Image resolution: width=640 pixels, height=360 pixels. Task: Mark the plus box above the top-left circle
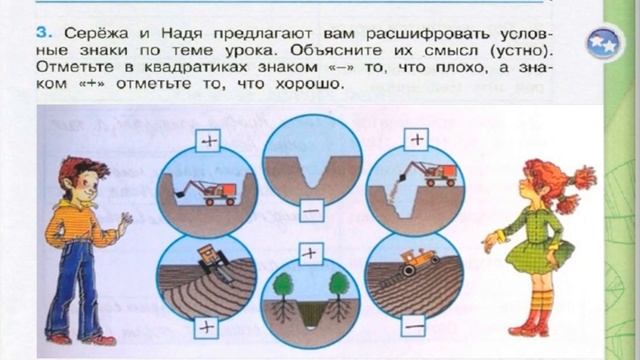coord(209,141)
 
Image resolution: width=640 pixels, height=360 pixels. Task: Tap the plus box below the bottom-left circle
coord(206,327)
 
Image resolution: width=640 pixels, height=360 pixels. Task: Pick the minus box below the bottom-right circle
coord(413,327)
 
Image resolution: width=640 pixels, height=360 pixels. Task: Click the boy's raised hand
coord(123,223)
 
